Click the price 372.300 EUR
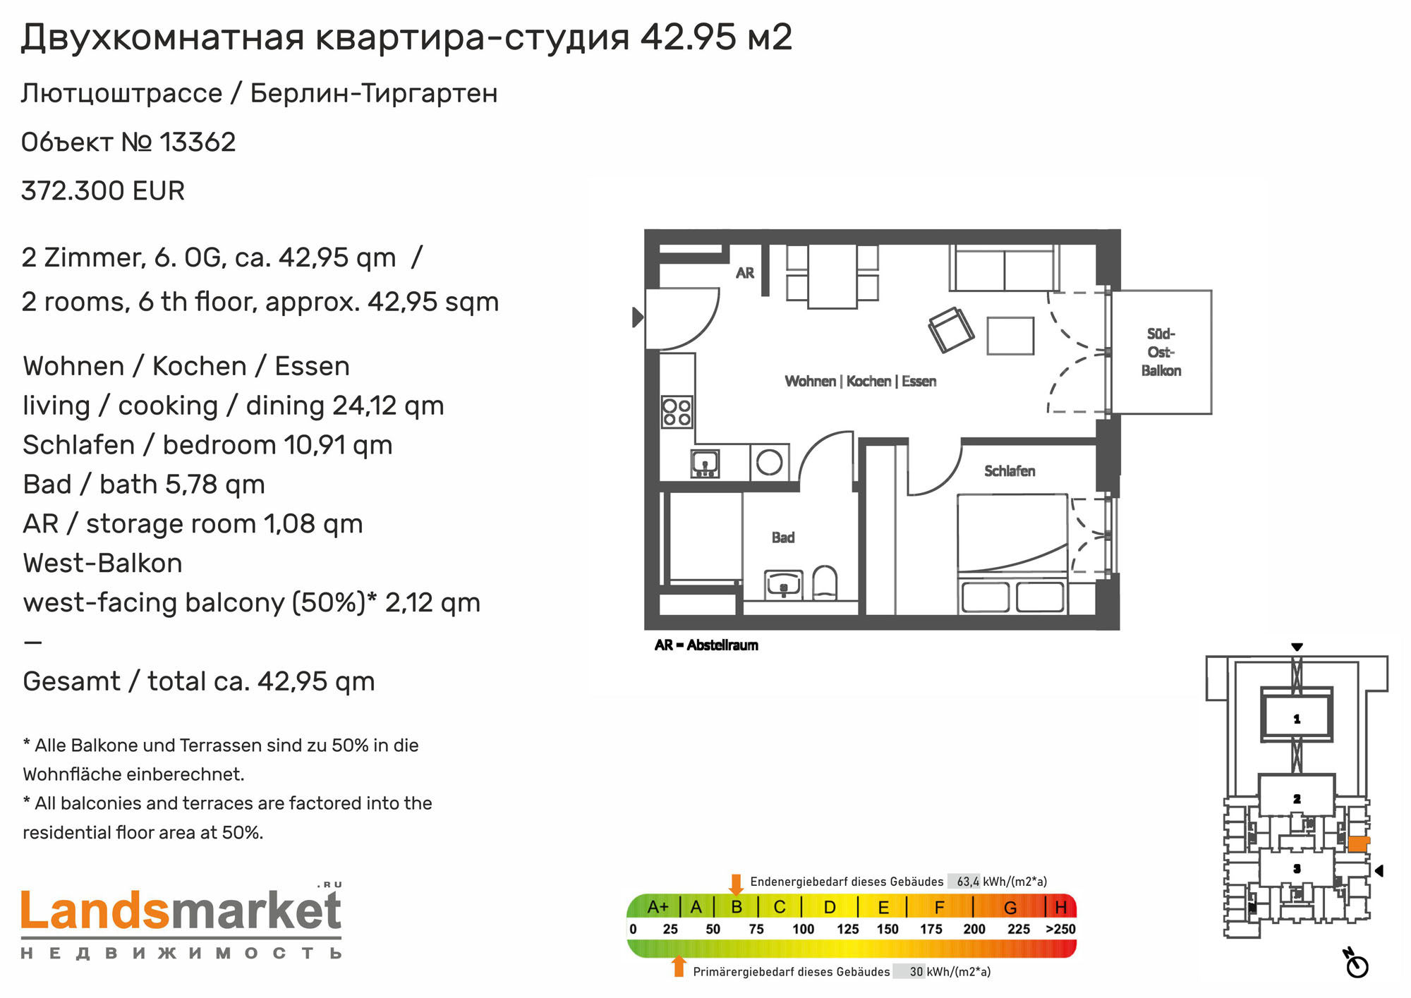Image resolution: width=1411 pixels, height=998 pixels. pyautogui.click(x=103, y=191)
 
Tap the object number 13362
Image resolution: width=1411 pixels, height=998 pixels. pyautogui.click(x=198, y=142)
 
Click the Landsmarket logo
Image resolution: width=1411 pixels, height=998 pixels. pyautogui.click(x=181, y=920)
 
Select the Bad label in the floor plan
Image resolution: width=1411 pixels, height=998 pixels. pyautogui.click(x=783, y=537)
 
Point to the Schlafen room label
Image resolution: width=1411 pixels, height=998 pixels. pyautogui.click(x=1010, y=471)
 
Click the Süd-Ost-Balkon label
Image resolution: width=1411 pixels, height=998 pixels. pyautogui.click(x=1161, y=352)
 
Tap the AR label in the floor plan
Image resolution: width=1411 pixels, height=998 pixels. pyautogui.click(x=745, y=273)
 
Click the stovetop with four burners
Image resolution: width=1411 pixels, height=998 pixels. pyautogui.click(x=677, y=413)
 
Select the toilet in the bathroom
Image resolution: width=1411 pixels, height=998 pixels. pyautogui.click(x=825, y=583)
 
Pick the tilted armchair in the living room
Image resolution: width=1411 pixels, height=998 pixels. pyautogui.click(x=950, y=329)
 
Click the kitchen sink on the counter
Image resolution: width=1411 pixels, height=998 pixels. pyautogui.click(x=705, y=463)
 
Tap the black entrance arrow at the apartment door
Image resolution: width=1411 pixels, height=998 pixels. pyautogui.click(x=637, y=317)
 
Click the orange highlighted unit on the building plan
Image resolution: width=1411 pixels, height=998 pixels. pyautogui.click(x=1358, y=844)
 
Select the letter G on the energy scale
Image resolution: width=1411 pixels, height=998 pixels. pyautogui.click(x=1010, y=908)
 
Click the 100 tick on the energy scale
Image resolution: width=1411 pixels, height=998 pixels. pyautogui.click(x=803, y=930)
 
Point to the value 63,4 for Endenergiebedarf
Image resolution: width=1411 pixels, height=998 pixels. pyautogui.click(x=968, y=882)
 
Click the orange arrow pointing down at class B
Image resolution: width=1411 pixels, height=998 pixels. pyautogui.click(x=736, y=884)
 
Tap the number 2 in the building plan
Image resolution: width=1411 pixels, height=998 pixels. pyautogui.click(x=1297, y=799)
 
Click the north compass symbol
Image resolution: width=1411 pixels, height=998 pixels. pyautogui.click(x=1357, y=963)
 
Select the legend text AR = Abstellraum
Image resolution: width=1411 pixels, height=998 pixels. pyautogui.click(x=706, y=645)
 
